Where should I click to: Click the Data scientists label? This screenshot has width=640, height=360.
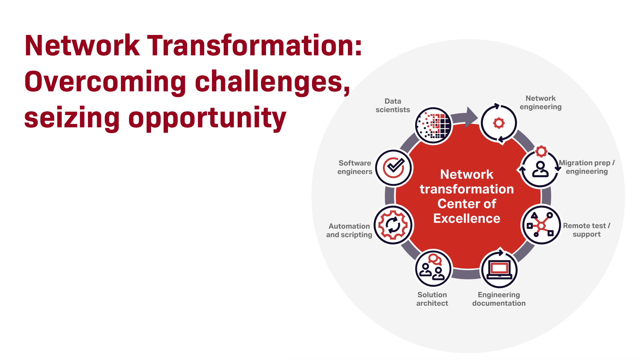pyautogui.click(x=393, y=105)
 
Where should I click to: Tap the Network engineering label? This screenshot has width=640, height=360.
pyautogui.click(x=540, y=103)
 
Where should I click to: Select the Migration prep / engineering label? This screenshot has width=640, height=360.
pyautogui.click(x=587, y=167)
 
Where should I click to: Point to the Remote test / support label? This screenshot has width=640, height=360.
pyautogui.click(x=587, y=230)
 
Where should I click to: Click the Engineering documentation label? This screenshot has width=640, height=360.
pyautogui.click(x=499, y=299)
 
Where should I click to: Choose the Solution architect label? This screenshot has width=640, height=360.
pyautogui.click(x=432, y=299)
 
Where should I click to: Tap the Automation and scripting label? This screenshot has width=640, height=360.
pyautogui.click(x=349, y=230)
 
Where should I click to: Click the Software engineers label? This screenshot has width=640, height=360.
pyautogui.click(x=355, y=167)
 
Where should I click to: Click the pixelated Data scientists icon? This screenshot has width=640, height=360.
pyautogui.click(x=433, y=126)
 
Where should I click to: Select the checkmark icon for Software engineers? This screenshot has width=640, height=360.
pyautogui.click(x=394, y=168)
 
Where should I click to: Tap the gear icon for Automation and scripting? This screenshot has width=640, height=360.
pyautogui.click(x=393, y=225)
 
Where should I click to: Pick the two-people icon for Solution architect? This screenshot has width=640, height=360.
pyautogui.click(x=433, y=268)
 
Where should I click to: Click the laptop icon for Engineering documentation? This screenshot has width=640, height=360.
pyautogui.click(x=499, y=269)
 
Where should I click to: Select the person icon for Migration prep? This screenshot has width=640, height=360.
pyautogui.click(x=540, y=169)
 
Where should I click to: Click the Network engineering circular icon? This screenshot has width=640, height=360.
pyautogui.click(x=499, y=123)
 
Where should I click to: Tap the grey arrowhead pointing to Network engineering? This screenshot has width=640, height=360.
pyautogui.click(x=471, y=117)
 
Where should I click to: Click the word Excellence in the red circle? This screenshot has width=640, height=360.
pyautogui.click(x=467, y=219)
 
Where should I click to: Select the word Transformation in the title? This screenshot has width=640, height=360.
pyautogui.click(x=255, y=46)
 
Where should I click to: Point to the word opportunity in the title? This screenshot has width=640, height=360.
pyautogui.click(x=207, y=119)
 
